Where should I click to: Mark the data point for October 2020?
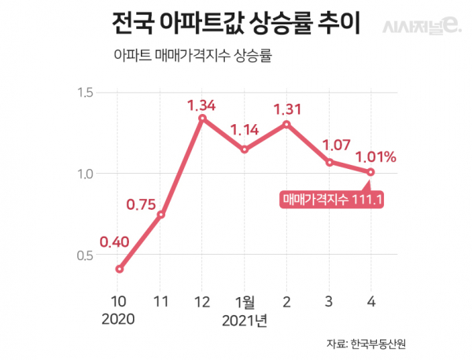click(x=120, y=269)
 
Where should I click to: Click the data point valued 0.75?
click(x=161, y=215)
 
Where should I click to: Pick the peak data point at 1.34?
click(x=203, y=119)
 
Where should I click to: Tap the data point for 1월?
click(x=245, y=149)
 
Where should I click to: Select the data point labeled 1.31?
click(x=287, y=124)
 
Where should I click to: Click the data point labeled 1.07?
click(x=330, y=162)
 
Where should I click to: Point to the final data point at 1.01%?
click(x=371, y=172)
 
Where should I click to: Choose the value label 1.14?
click(x=245, y=129)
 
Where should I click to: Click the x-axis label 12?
click(x=203, y=300)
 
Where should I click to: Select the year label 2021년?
click(x=245, y=320)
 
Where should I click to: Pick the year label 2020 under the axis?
click(x=119, y=320)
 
